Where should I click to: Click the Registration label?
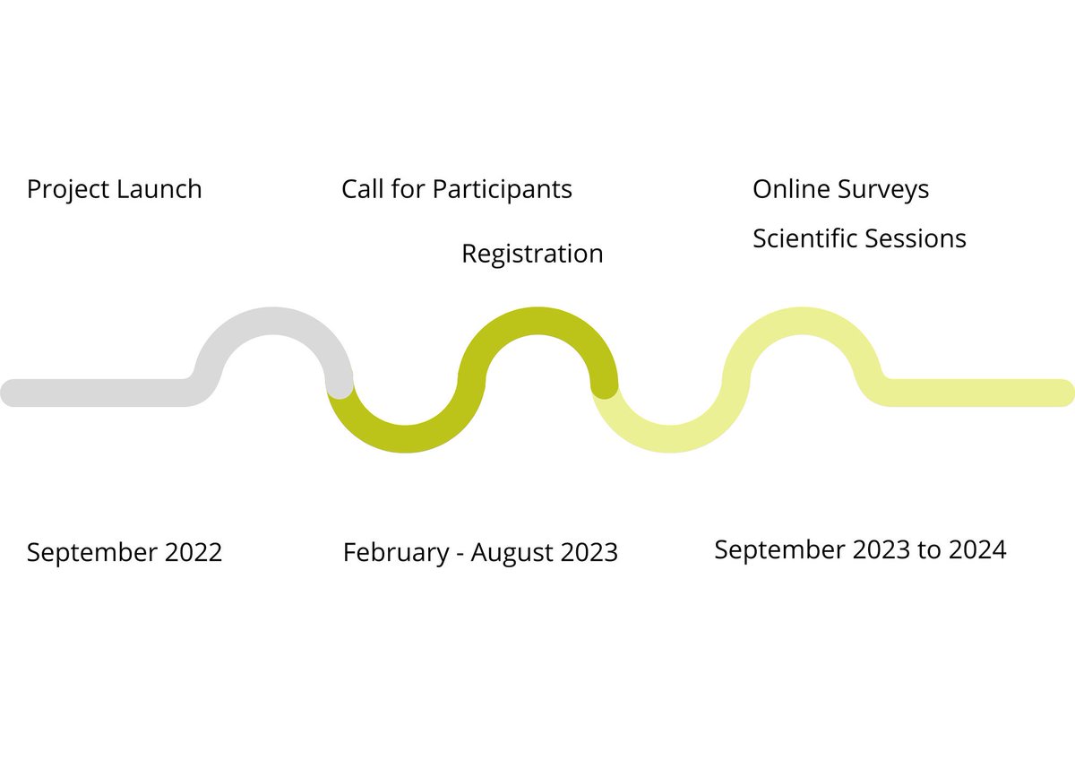click(532, 255)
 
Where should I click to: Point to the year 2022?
click(193, 552)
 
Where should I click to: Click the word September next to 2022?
click(92, 553)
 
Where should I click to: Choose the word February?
click(394, 553)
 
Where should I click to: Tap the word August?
click(512, 553)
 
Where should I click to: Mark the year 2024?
click(977, 549)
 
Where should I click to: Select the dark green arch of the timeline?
click(537, 320)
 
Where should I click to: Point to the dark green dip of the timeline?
click(406, 439)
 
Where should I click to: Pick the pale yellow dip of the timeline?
click(669, 439)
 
